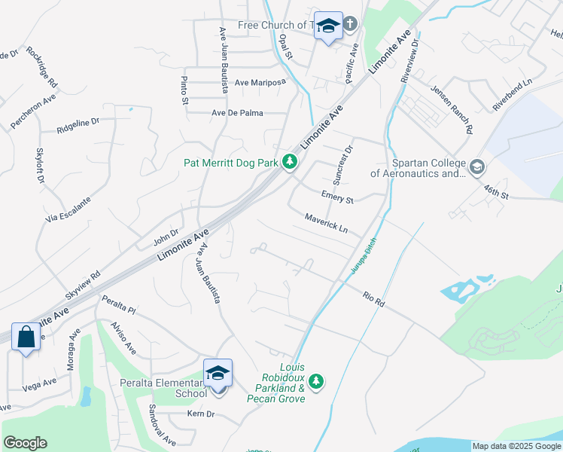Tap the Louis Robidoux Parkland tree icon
[317, 382]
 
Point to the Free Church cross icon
[351, 25]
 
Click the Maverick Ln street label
[326, 221]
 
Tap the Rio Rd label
[373, 298]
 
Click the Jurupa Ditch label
[362, 256]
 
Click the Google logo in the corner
[25, 443]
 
